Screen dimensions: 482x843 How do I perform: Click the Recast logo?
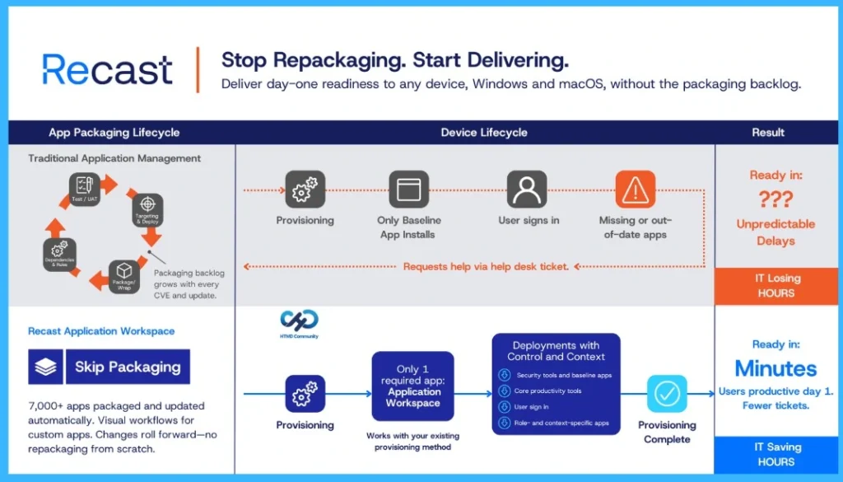click(x=107, y=69)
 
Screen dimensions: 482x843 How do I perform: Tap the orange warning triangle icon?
click(x=635, y=190)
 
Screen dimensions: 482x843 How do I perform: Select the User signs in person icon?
click(x=527, y=190)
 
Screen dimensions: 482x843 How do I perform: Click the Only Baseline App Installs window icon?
click(x=409, y=190)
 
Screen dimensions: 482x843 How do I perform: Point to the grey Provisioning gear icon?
click(x=305, y=190)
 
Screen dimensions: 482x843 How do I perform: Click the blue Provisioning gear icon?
click(x=305, y=394)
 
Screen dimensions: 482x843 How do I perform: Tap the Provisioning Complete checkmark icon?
click(x=666, y=394)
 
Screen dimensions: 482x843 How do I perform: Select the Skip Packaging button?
click(x=109, y=367)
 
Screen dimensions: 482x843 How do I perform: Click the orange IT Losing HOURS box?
click(x=777, y=286)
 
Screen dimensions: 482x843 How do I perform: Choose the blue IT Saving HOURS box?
click(x=777, y=454)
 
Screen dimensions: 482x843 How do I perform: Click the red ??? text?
click(x=776, y=199)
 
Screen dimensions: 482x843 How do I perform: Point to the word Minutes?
click(x=775, y=368)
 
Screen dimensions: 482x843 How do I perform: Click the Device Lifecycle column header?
click(x=483, y=133)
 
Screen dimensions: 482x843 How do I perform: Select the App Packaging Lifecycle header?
click(x=114, y=133)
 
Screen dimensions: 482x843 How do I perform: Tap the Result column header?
click(x=768, y=133)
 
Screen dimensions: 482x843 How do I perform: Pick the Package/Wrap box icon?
click(x=125, y=274)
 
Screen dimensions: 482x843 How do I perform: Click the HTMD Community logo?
click(x=299, y=324)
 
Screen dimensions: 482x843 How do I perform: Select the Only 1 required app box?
click(x=412, y=386)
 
